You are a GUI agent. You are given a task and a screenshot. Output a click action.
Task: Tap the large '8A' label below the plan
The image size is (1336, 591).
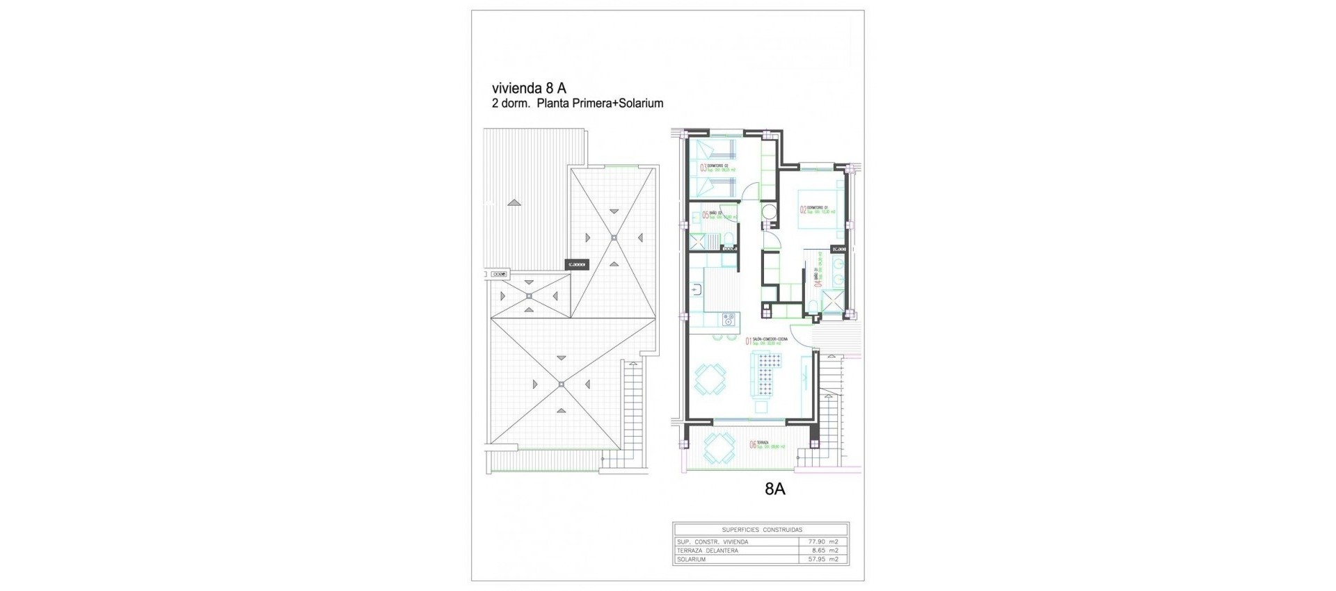(x=774, y=489)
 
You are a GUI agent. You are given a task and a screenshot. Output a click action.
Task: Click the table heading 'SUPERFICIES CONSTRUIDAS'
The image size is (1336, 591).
(x=761, y=530)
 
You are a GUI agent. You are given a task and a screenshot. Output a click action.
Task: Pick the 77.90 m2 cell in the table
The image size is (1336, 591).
(x=824, y=542)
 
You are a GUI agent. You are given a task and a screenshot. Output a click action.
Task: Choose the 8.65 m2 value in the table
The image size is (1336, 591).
(x=825, y=551)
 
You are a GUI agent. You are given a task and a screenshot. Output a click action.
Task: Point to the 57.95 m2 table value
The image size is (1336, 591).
(x=824, y=559)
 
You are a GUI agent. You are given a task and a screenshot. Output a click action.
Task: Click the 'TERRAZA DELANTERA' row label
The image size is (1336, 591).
(x=707, y=551)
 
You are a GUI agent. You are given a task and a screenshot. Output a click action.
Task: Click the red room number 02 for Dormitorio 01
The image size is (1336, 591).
(x=802, y=209)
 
